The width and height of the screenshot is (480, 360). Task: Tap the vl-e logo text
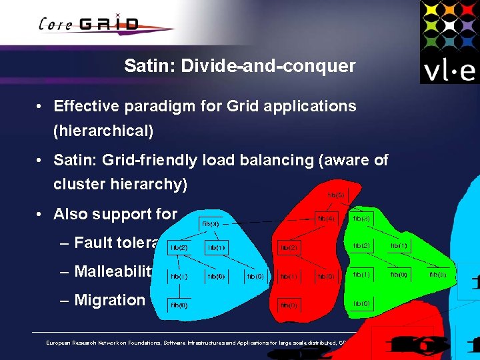coord(448,70)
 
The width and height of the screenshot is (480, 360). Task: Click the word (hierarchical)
coord(103,131)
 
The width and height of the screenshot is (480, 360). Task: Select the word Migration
coord(109,300)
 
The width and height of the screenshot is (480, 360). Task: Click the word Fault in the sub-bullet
coord(95,243)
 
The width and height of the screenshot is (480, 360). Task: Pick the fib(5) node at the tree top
coord(336,195)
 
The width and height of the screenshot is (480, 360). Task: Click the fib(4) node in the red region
coord(325,218)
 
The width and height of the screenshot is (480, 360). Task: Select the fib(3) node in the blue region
coord(210,224)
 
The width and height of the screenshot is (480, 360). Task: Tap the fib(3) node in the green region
coord(361,218)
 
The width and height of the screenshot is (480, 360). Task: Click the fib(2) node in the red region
coord(288,247)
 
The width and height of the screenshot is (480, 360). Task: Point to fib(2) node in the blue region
coord(179,247)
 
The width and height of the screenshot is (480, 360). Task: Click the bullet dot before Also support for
coord(41,215)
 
